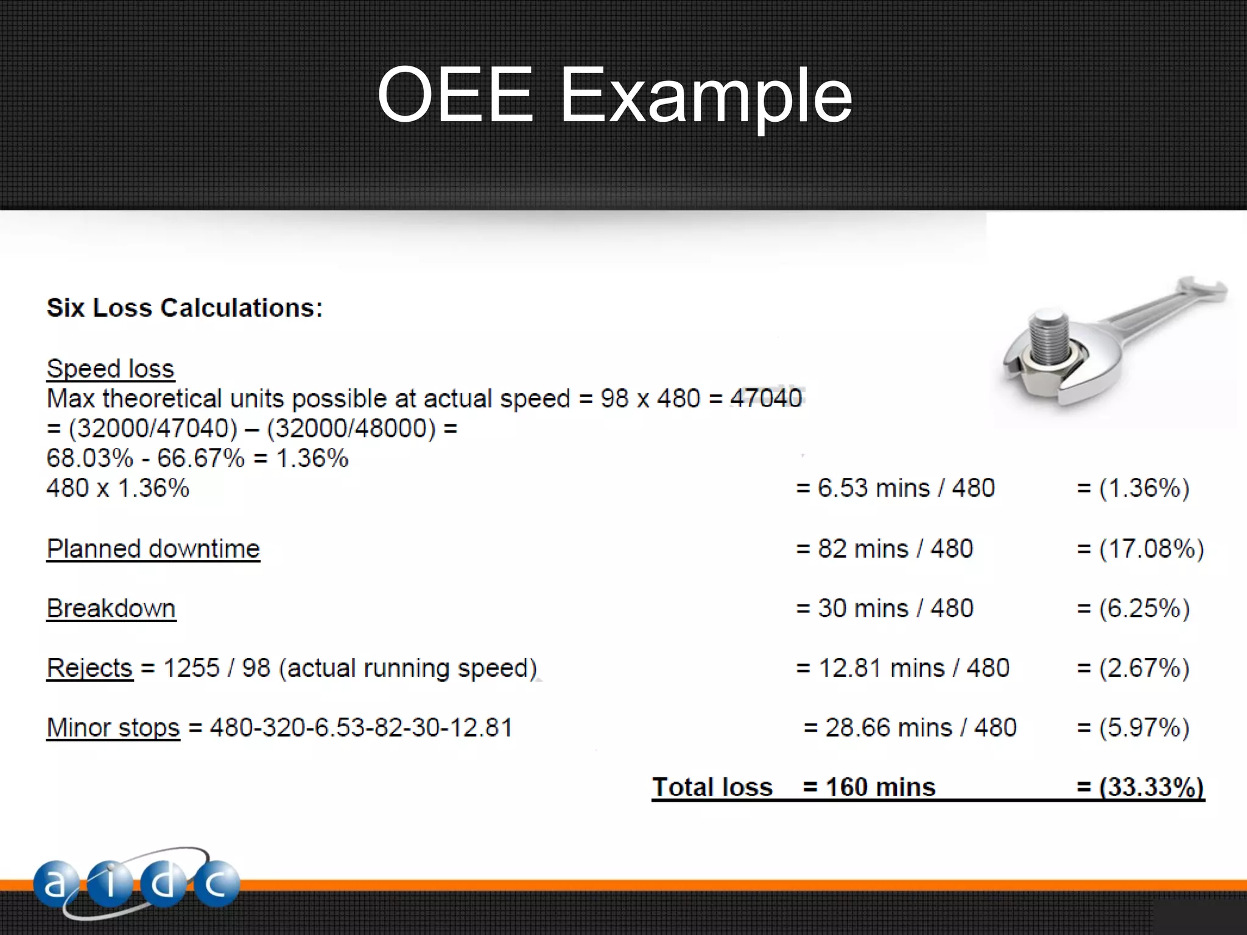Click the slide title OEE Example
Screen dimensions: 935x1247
click(x=614, y=96)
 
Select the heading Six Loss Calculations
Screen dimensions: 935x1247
click(x=184, y=308)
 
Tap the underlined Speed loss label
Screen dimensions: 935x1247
click(x=110, y=369)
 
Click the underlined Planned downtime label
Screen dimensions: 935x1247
click(x=153, y=549)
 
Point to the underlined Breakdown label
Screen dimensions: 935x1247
click(x=111, y=609)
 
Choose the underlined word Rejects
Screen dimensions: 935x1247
click(x=90, y=668)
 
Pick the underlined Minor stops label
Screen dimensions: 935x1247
click(x=113, y=728)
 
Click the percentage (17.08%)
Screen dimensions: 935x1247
click(x=1151, y=549)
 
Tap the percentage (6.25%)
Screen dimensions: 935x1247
click(x=1143, y=609)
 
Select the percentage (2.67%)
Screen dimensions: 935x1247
click(x=1143, y=668)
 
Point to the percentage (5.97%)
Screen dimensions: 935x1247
click(x=1143, y=728)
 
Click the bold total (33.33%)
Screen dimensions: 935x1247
click(x=1151, y=787)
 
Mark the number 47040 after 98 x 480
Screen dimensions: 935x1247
click(x=766, y=399)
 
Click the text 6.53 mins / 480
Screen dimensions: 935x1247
click(x=905, y=488)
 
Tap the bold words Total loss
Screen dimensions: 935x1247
click(x=712, y=787)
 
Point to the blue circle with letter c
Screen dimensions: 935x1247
click(x=217, y=884)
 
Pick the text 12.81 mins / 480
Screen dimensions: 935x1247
click(x=913, y=668)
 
